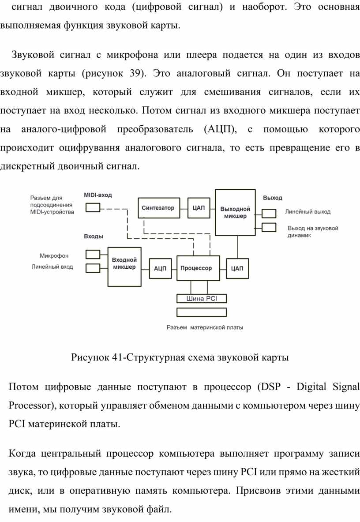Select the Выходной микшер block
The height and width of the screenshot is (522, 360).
point(235,212)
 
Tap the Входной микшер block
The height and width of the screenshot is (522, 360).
point(124,267)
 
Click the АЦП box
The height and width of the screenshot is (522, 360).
point(160,268)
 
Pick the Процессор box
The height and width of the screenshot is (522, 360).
point(198,268)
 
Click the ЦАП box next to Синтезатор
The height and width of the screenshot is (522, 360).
point(199,208)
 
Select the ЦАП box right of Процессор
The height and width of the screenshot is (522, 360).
point(237,268)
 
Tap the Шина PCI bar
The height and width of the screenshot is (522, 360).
point(202,299)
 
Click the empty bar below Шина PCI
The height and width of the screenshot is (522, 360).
point(202,312)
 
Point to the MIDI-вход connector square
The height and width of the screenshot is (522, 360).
point(93,208)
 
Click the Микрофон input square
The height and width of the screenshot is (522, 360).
point(93,254)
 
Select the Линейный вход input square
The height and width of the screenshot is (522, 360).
point(93,268)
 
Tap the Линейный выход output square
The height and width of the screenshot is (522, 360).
point(269,214)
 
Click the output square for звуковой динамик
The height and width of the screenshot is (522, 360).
point(269,227)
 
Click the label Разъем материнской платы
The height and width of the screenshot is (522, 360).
point(205,327)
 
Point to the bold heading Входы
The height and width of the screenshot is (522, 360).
point(94,237)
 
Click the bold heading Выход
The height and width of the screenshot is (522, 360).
point(273,198)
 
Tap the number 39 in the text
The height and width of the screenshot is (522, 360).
point(135,73)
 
